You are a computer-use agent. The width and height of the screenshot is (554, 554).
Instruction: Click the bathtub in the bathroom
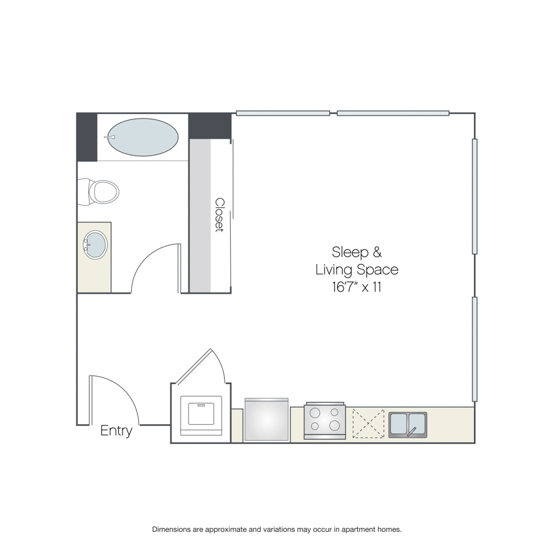pos(143,137)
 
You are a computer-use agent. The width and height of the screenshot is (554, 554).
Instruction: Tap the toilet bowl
pos(104,192)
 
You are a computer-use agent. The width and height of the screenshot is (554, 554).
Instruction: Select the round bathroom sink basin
pos(95,245)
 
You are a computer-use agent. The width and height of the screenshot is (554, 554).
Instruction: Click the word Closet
pos(220,215)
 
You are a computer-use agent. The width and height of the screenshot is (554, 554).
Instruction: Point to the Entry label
pos(116,431)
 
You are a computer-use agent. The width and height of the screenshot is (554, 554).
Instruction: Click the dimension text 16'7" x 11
pos(357,287)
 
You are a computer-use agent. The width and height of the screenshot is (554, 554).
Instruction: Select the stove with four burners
pos(324,420)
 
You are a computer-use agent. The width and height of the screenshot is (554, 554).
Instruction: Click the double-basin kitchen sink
pos(407,425)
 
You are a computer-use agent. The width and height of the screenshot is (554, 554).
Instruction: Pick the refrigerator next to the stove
pos(267,419)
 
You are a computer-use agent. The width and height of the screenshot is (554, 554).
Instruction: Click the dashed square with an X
pos(368,424)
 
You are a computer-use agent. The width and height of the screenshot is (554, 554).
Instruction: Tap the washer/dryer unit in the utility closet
pos(201,415)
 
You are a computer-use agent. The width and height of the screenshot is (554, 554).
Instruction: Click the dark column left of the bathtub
pos(87,137)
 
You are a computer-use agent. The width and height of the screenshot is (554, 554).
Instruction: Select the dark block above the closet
pos(210,126)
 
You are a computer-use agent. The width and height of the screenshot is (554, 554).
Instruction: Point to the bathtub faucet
pos(110,137)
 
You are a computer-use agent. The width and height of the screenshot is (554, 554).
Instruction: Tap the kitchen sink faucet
pos(411,432)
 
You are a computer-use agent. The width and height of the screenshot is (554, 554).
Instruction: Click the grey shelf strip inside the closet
pos(200,216)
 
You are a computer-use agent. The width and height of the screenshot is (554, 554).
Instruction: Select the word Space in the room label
pos(377,270)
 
